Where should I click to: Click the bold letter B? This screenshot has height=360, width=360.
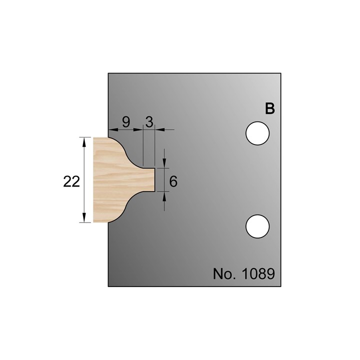(269, 109)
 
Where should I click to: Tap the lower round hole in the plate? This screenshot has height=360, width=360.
(258, 225)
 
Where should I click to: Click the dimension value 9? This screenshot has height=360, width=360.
(126, 121)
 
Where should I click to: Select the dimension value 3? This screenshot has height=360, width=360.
(149, 121)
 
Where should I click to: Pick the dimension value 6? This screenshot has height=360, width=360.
(173, 181)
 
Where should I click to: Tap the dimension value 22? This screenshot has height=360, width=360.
(72, 181)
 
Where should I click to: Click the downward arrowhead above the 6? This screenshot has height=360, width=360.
(164, 164)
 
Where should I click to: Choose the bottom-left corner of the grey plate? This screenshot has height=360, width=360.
(108, 286)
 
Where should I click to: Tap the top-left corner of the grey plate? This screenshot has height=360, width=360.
(108, 74)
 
